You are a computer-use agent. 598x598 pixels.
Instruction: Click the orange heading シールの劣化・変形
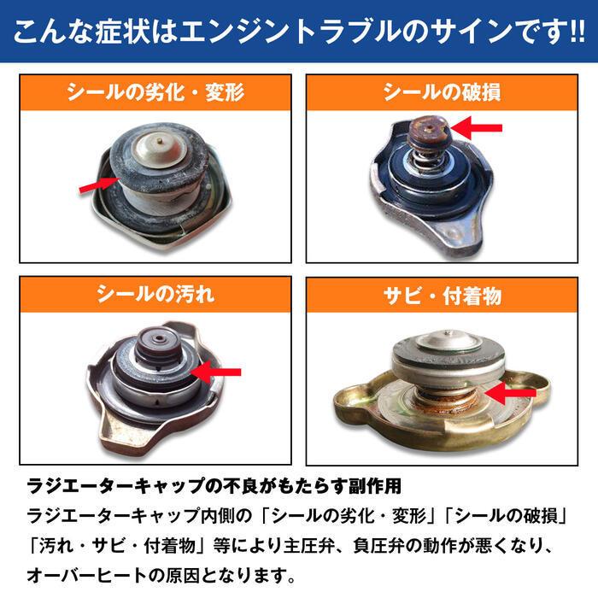[x=155, y=91]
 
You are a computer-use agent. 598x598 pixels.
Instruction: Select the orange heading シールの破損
[x=442, y=91]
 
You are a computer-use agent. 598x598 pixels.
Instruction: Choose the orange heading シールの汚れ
[x=155, y=295]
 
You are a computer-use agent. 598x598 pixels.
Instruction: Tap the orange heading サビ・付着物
[x=442, y=295]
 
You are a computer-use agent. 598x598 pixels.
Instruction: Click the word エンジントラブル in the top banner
[x=281, y=33]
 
